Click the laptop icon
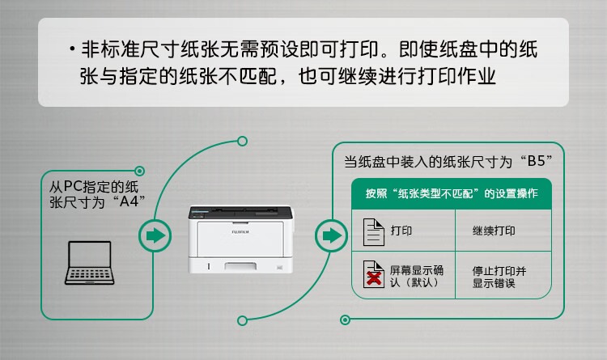coord(89,263)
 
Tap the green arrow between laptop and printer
coord(155,235)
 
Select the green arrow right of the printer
coord(331,235)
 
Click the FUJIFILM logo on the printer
coord(240,232)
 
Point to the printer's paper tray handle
coord(240,266)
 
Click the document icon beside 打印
coord(374,232)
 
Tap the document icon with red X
coord(374,274)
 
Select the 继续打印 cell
coord(494,231)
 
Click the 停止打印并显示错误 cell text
coord(499,277)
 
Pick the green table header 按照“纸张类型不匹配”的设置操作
coord(452,193)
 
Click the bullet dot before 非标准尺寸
coord(72,49)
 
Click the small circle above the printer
coord(242,141)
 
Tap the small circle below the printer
coord(242,320)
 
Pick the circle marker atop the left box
coord(140,171)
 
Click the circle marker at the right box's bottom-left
coord(345,320)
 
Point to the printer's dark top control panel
coord(240,212)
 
